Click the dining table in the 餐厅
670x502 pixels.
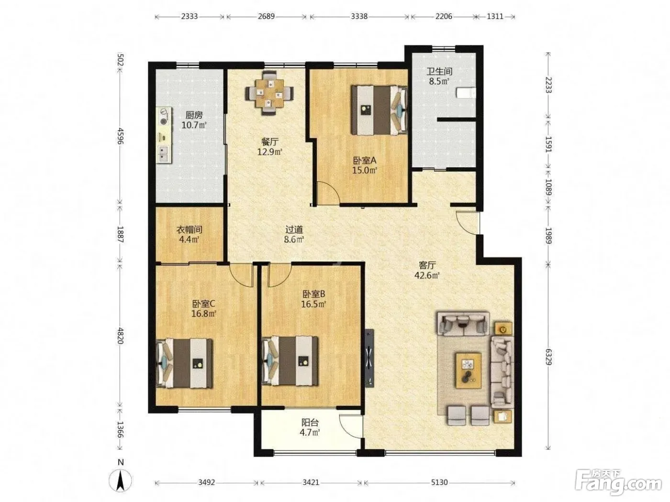coord(269,93)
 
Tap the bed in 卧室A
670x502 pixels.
coord(379,110)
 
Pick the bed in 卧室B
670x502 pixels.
coord(290,361)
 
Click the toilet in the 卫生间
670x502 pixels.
coord(466,93)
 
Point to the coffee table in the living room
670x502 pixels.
coord(468,371)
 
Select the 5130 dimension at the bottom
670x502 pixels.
coord(439,482)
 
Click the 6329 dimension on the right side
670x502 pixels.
coord(548,357)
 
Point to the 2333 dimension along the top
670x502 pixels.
coord(189,16)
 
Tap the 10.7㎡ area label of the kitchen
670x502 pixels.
coord(194,125)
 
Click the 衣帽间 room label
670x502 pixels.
coord(189,229)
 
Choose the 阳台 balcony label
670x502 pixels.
coord(310,423)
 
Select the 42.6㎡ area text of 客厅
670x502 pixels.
coord(427,275)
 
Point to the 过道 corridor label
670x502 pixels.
coord(294,229)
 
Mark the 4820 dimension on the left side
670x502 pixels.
coord(121,336)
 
